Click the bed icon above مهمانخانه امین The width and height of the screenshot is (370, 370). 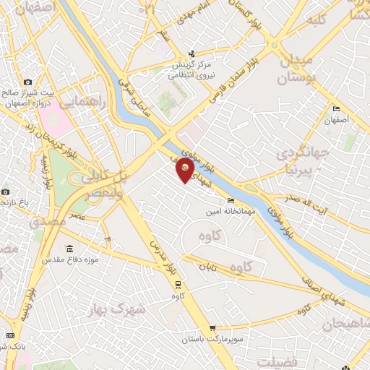click(x=231, y=200)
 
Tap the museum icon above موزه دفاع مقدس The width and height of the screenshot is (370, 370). click(x=69, y=249)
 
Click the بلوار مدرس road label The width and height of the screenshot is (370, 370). click(x=156, y=251)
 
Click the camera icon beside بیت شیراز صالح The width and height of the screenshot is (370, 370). click(x=28, y=82)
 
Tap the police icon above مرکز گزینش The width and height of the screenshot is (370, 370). click(x=191, y=53)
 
